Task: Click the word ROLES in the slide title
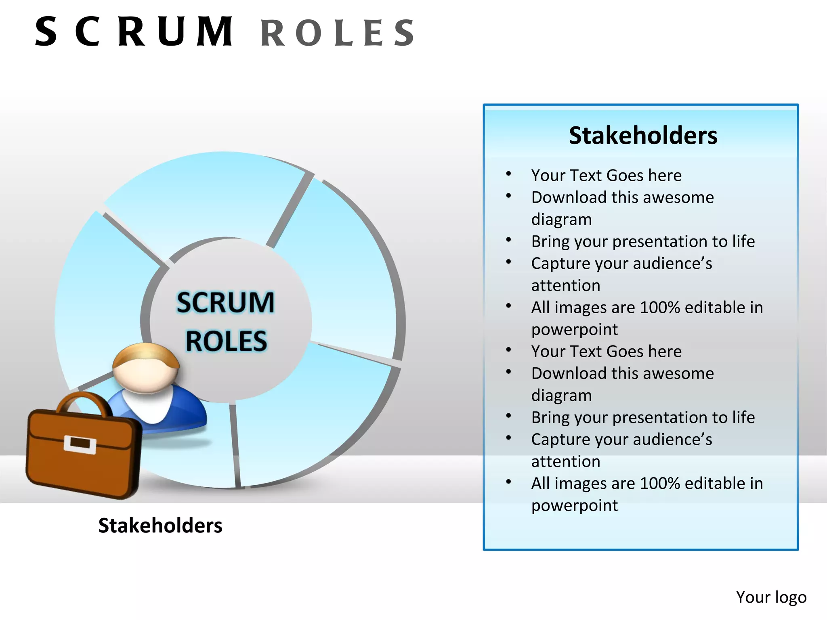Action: coord(338,33)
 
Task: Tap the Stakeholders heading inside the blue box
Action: coord(643,135)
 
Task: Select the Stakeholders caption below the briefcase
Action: coord(160,526)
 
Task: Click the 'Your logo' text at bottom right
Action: coord(771,597)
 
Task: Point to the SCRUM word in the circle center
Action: coord(225,302)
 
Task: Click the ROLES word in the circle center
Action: coord(226,341)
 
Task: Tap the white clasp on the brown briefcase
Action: coord(80,444)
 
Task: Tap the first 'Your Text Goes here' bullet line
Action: coord(606,175)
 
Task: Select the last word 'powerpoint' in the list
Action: coord(574,505)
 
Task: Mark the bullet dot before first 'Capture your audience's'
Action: coord(509,262)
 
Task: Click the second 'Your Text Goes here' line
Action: coord(606,351)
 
